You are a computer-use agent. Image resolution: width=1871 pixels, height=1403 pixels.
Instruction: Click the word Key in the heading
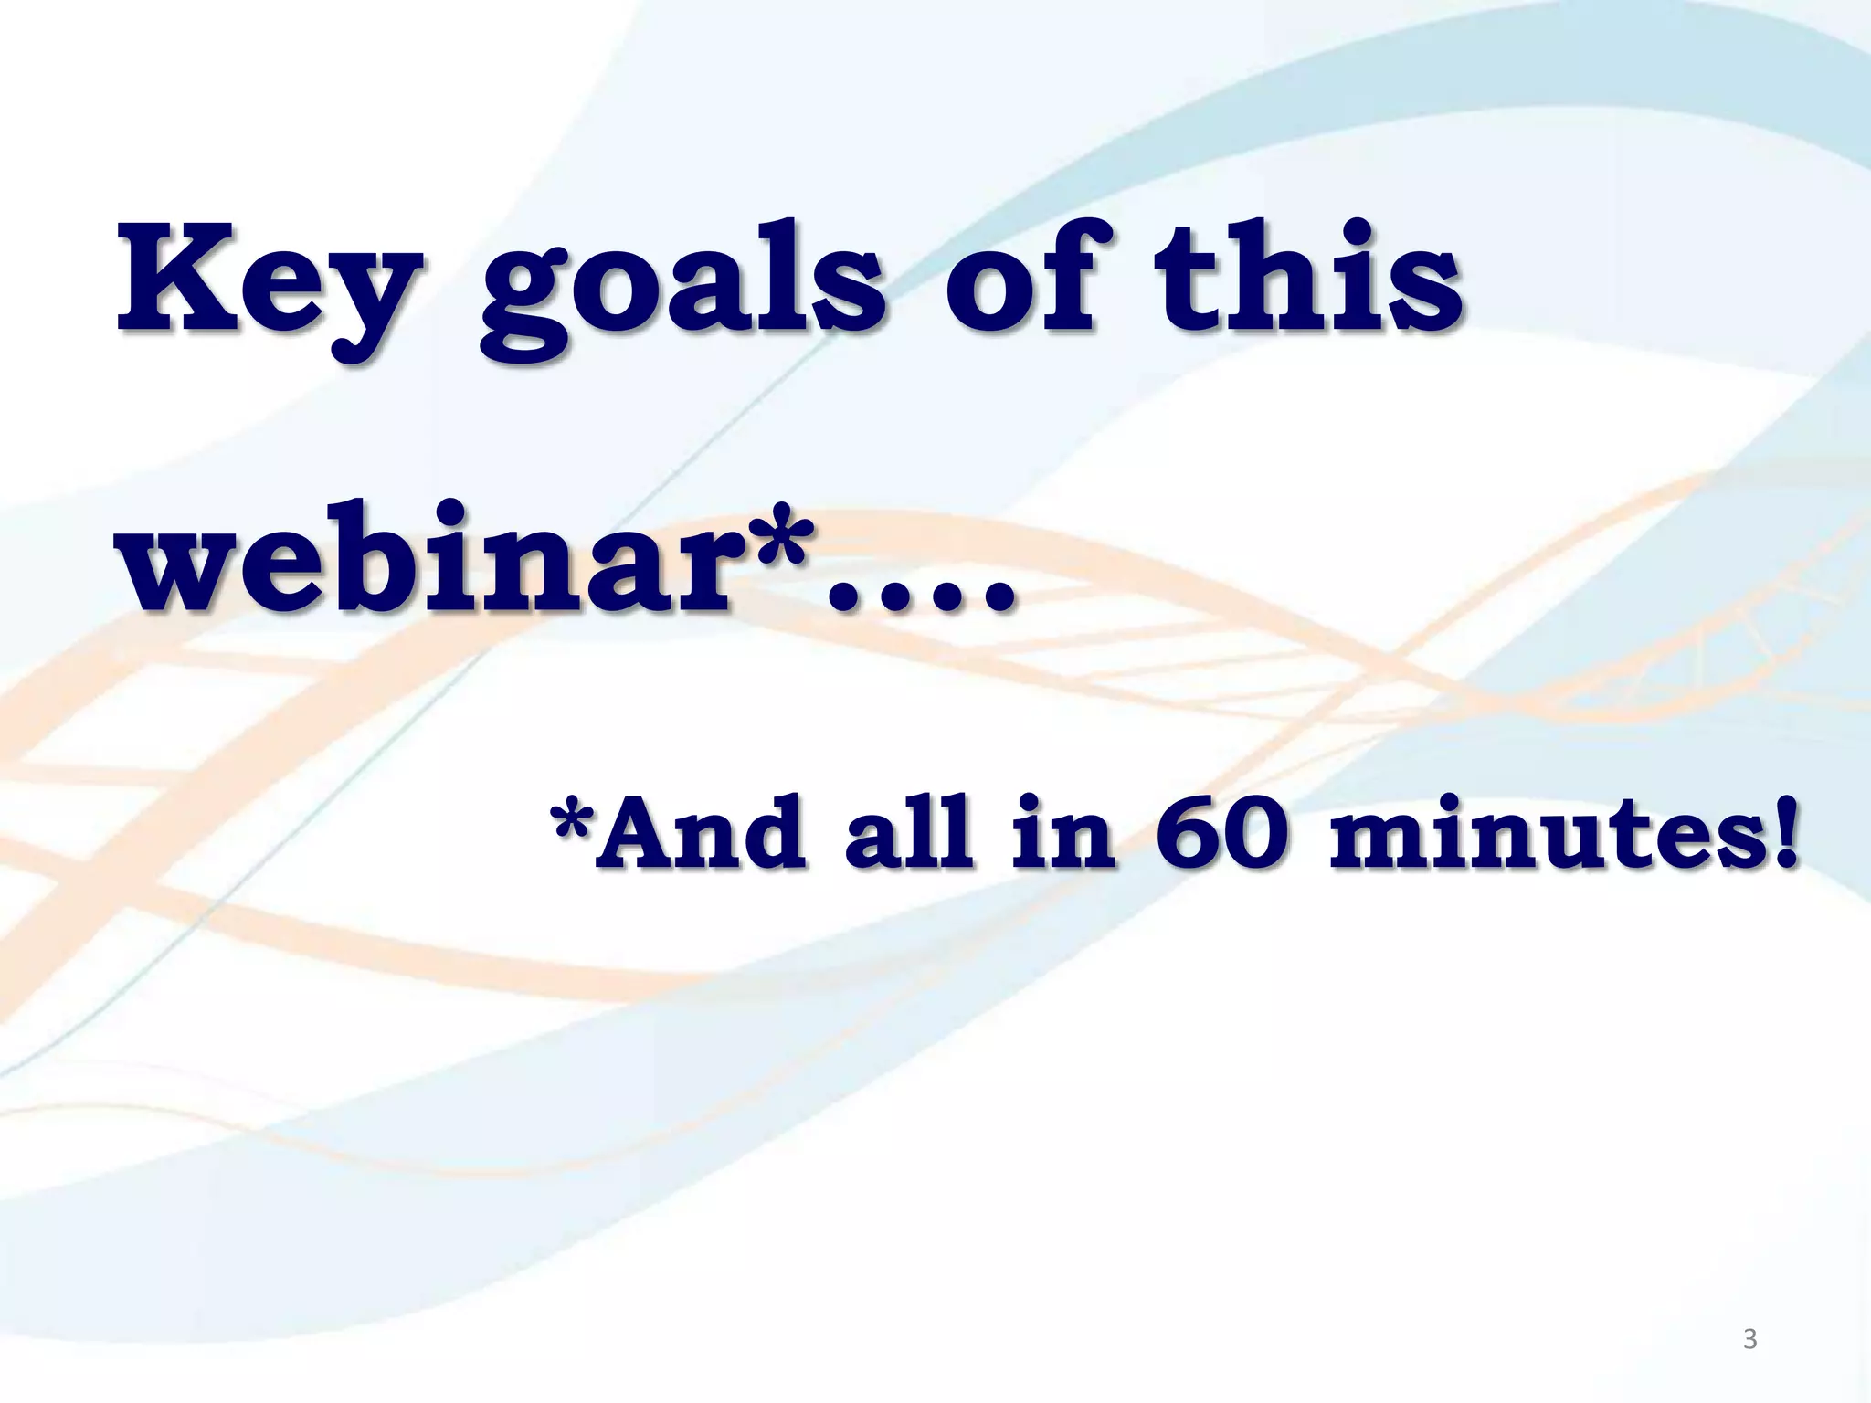click(270, 283)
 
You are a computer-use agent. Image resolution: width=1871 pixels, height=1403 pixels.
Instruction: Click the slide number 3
click(1749, 1339)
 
